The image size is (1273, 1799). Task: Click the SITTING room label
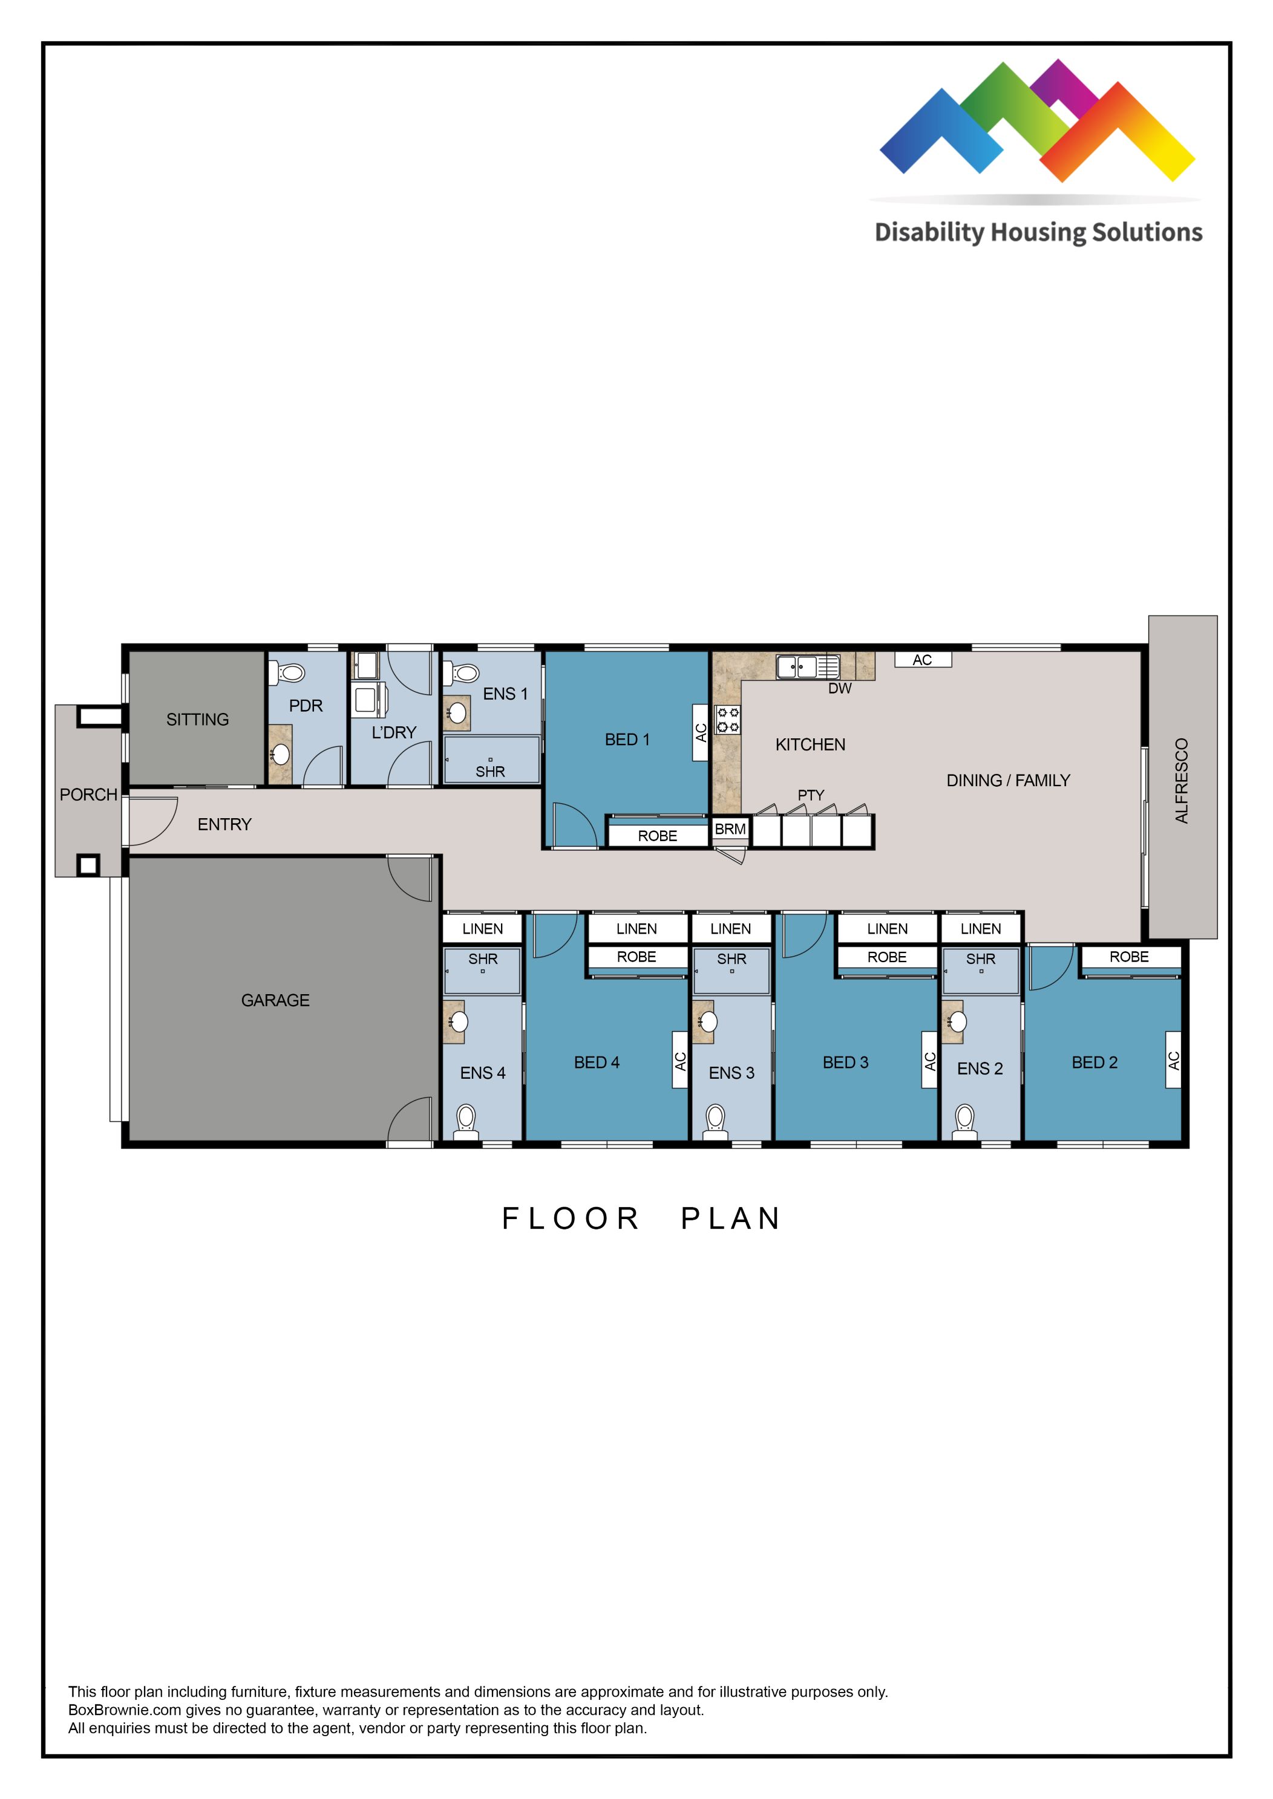tap(197, 719)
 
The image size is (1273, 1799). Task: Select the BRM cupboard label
tap(730, 829)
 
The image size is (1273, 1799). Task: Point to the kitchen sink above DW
tap(807, 667)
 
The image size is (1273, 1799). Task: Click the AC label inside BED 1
tap(701, 732)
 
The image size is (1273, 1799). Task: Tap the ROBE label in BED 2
tap(1129, 957)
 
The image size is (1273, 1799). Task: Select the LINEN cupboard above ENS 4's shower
tap(482, 928)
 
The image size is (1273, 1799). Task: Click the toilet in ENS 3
tap(715, 1118)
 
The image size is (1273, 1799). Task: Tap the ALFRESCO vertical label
tap(1181, 781)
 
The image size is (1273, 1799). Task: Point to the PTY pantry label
tap(811, 795)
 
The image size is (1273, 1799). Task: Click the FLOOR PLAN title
tap(641, 1218)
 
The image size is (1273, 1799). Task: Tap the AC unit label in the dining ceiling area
tap(923, 660)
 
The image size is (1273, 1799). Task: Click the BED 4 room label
tap(597, 1062)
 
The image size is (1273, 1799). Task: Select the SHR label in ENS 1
tap(490, 772)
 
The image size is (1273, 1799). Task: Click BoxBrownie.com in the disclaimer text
tap(125, 1710)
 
